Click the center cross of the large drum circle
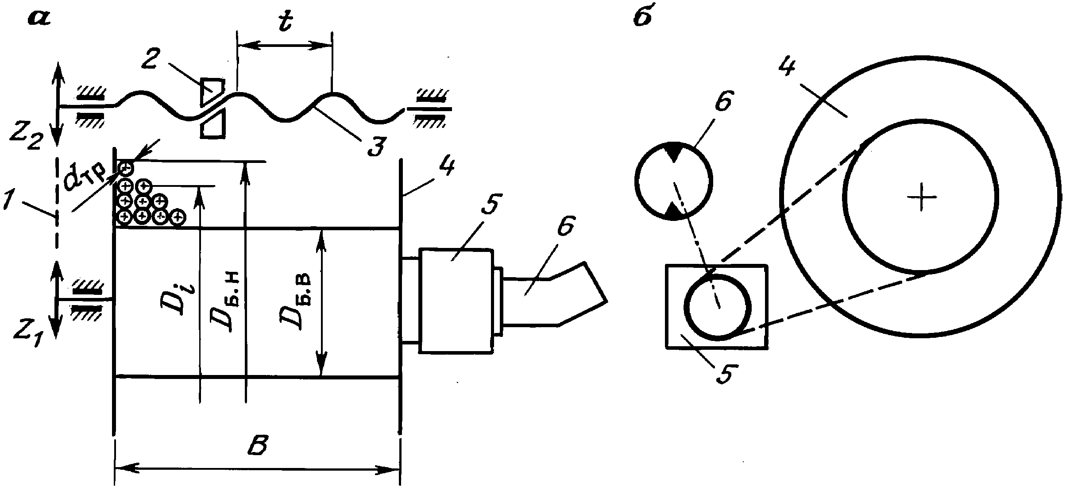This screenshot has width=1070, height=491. [922, 197]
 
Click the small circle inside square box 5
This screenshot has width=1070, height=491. [718, 306]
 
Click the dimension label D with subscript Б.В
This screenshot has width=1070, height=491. [297, 302]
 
